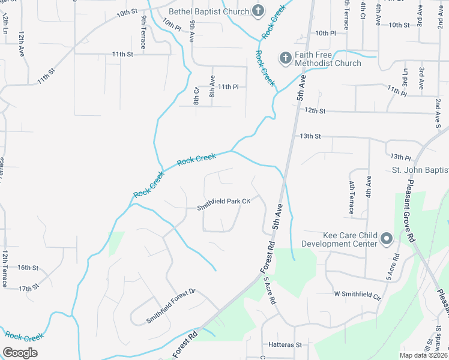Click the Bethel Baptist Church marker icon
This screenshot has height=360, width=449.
pyautogui.click(x=258, y=11)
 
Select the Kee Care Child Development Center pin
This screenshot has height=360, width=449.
pyautogui.click(x=387, y=239)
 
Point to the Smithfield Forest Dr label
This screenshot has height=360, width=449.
pyautogui.click(x=171, y=306)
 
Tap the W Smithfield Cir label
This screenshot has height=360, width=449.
pyautogui.click(x=358, y=295)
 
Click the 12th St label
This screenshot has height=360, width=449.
pyautogui.click(x=315, y=111)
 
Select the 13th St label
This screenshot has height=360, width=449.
pyautogui.click(x=311, y=136)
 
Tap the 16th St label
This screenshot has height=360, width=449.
pyautogui.click(x=28, y=268)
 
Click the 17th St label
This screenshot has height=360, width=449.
pyautogui.click(x=28, y=289)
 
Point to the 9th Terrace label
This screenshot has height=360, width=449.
pyautogui.click(x=144, y=28)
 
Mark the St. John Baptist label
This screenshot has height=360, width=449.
pyautogui.click(x=420, y=170)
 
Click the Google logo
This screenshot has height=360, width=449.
pyautogui.click(x=20, y=353)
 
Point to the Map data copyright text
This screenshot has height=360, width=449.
pyautogui.click(x=424, y=355)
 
